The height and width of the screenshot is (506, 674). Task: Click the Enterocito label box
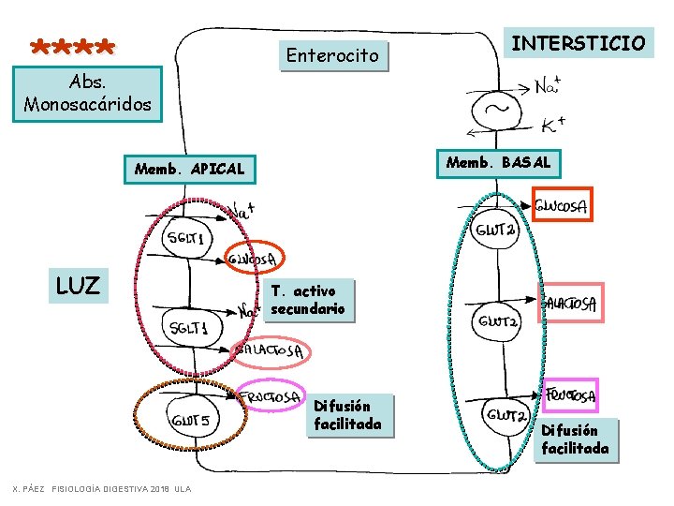[333, 55]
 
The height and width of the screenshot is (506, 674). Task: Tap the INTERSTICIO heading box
[579, 42]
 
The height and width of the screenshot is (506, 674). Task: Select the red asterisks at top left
[73, 46]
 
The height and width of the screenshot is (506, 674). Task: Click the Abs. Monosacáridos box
[87, 93]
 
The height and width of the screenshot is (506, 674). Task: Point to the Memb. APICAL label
[189, 170]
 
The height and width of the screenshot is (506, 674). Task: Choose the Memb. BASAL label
[498, 162]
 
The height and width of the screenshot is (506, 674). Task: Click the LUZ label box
[78, 286]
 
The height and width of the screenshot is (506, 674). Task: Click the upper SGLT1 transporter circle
[188, 240]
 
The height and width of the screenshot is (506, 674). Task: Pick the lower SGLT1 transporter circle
[190, 327]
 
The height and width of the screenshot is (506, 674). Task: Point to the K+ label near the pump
[552, 125]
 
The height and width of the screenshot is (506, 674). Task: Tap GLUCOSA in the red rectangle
[562, 207]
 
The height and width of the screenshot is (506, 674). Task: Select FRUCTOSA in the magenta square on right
[571, 394]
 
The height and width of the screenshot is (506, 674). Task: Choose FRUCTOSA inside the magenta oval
[271, 397]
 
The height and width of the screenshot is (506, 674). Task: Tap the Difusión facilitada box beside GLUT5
[347, 415]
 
